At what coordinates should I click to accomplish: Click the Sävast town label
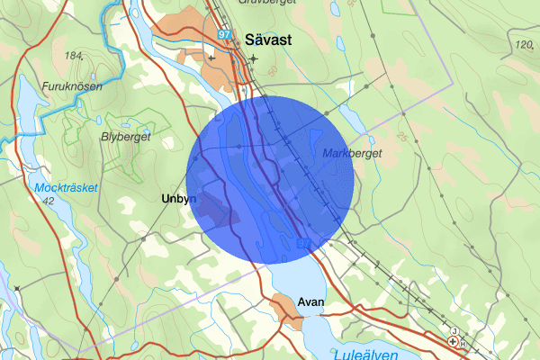point(266,40)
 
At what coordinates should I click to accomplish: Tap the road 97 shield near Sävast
point(224,34)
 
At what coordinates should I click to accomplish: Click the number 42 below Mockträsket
point(48,202)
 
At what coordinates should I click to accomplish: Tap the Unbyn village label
point(178,199)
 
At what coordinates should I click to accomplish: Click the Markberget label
point(352,154)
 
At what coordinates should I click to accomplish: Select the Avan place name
point(310,303)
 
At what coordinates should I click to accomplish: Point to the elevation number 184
point(74,56)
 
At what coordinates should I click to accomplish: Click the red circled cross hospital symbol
point(453,341)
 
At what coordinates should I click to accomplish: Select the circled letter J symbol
point(456,331)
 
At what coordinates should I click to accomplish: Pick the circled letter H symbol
point(463,344)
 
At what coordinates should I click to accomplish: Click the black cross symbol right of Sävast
point(254,59)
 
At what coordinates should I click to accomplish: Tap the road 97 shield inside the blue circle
point(303,244)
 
